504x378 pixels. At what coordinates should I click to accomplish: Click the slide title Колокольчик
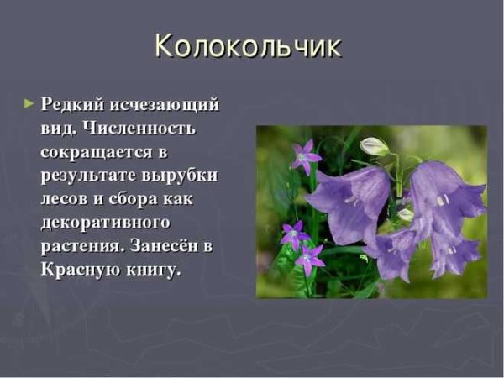pos(249,46)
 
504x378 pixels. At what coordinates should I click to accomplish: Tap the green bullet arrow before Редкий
pos(30,104)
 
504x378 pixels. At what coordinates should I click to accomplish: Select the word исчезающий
pos(169,105)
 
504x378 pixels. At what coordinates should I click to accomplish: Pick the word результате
pos(89,176)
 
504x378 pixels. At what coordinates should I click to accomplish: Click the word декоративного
pos(106,223)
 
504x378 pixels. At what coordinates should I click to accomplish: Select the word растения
pos(81,247)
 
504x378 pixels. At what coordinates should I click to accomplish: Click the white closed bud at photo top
pos(374,146)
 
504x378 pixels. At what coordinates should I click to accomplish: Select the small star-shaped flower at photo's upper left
pos(306,156)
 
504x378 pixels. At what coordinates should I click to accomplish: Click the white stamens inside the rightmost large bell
pos(442,199)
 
